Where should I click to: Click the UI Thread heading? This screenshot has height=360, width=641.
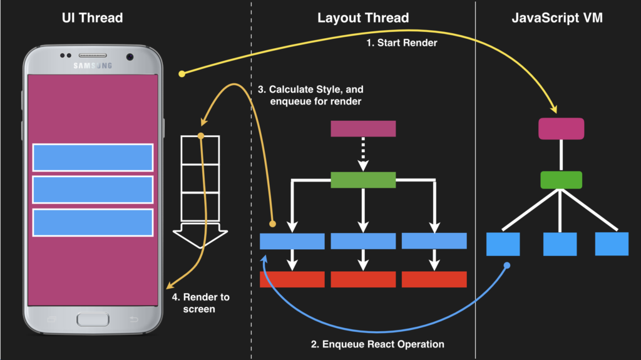click(x=93, y=18)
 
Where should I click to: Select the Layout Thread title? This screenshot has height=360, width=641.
click(x=363, y=18)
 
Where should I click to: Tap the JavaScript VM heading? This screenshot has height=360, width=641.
click(x=557, y=18)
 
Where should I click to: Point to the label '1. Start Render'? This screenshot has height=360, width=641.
click(x=402, y=43)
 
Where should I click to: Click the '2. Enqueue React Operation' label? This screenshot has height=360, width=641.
click(x=377, y=344)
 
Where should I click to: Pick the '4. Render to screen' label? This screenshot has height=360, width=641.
click(x=200, y=303)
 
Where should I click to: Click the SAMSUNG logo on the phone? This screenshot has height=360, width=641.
click(x=93, y=66)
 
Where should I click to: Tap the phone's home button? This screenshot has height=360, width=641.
click(x=93, y=319)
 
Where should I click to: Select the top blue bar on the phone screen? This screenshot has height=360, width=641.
click(x=93, y=158)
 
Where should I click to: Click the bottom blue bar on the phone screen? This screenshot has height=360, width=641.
click(x=93, y=222)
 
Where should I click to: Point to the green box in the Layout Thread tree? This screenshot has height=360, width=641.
click(x=363, y=180)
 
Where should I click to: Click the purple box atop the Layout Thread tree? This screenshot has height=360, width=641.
click(x=363, y=128)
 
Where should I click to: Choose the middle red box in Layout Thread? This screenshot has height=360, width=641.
click(x=363, y=279)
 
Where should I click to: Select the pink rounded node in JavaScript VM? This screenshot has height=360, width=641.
click(x=562, y=129)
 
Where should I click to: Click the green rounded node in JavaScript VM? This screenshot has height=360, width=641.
click(x=562, y=180)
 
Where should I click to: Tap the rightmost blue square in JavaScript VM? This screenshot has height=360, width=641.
click(x=612, y=244)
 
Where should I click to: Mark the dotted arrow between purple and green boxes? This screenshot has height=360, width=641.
click(x=363, y=154)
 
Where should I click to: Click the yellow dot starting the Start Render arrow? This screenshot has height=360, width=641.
click(x=182, y=74)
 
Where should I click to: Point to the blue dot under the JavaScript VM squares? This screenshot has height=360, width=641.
click(x=507, y=265)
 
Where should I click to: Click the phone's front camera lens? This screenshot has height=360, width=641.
click(x=130, y=57)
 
